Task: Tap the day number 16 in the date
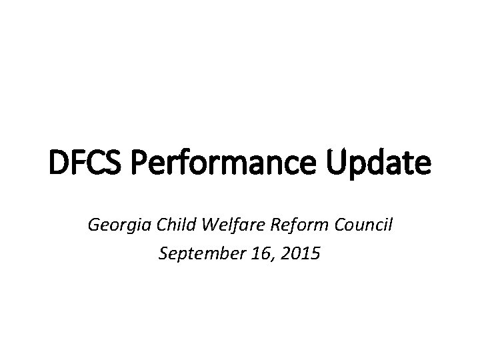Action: click(x=253, y=253)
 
